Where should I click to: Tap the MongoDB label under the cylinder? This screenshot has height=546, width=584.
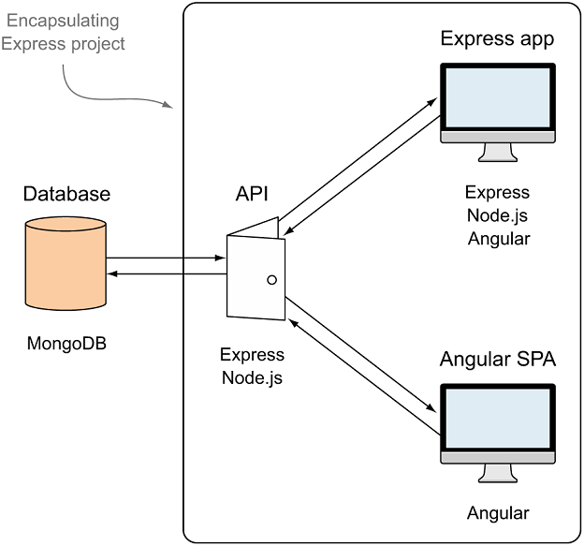(66, 343)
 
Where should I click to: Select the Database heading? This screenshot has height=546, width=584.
(66, 195)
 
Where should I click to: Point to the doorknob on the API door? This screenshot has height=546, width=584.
(272, 279)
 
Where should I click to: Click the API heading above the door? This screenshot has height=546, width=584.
(252, 194)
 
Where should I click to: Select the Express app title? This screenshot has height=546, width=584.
(497, 38)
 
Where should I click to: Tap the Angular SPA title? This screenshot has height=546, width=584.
(498, 360)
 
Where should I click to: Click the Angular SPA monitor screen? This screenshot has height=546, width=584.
(498, 418)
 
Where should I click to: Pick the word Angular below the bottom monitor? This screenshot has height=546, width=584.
(498, 513)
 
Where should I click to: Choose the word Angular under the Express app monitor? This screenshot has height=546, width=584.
(498, 239)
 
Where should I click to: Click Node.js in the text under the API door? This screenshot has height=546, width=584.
(252, 378)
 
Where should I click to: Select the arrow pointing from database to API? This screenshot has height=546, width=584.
(167, 258)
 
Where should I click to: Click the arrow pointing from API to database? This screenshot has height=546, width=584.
(167, 273)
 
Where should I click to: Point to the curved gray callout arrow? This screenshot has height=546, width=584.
(112, 90)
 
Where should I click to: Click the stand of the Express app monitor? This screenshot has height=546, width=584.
(498, 153)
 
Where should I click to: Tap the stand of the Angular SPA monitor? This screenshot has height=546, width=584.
(498, 472)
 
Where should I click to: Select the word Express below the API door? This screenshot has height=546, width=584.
(252, 355)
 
